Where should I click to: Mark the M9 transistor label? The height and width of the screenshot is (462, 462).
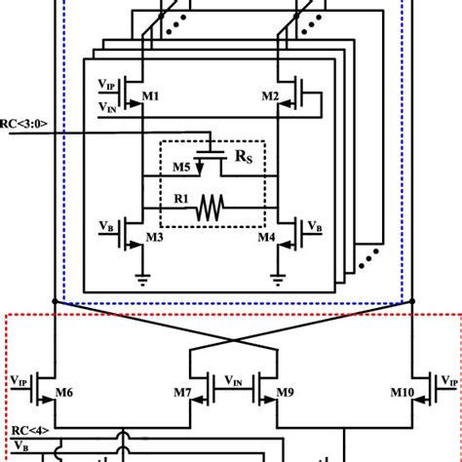[285, 392]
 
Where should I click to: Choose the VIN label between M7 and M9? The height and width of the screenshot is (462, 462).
[234, 380]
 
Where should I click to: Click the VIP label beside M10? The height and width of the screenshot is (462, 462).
[447, 380]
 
